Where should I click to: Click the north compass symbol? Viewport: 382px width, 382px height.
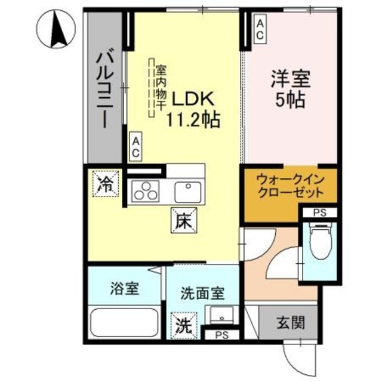click(x=58, y=30)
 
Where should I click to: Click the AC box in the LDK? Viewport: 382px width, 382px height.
click(x=135, y=147)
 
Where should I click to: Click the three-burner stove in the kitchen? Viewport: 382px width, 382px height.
click(x=144, y=192)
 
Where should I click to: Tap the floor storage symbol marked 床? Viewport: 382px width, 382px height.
click(x=182, y=221)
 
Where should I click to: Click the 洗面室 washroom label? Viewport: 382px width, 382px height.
click(x=202, y=293)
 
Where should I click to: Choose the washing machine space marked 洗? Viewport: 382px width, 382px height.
click(x=181, y=325)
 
